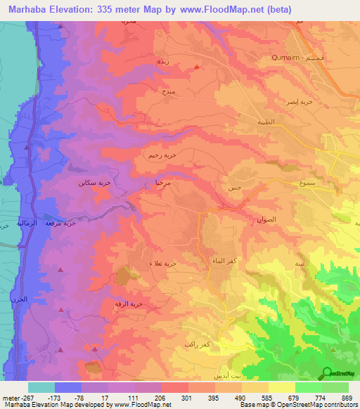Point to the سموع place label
click(290, 182)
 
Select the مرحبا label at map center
click(164, 181)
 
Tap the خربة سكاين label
click(94, 182)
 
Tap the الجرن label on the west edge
click(19, 300)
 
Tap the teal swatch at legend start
click(41, 387)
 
